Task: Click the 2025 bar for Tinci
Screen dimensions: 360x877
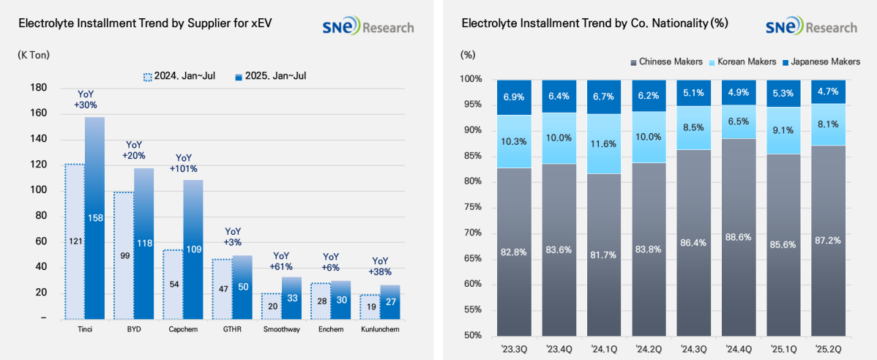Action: (x=94, y=218)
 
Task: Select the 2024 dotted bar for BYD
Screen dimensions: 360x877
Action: (x=124, y=255)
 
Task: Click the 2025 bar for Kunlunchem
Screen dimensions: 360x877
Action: (x=390, y=301)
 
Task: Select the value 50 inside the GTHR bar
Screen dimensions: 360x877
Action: (x=242, y=287)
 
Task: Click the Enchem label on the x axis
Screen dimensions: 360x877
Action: (x=331, y=331)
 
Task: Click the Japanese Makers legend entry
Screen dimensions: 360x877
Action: (x=824, y=61)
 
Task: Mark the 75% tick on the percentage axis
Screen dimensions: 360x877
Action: (x=471, y=207)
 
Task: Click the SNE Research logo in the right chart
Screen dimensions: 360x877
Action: (x=810, y=27)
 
